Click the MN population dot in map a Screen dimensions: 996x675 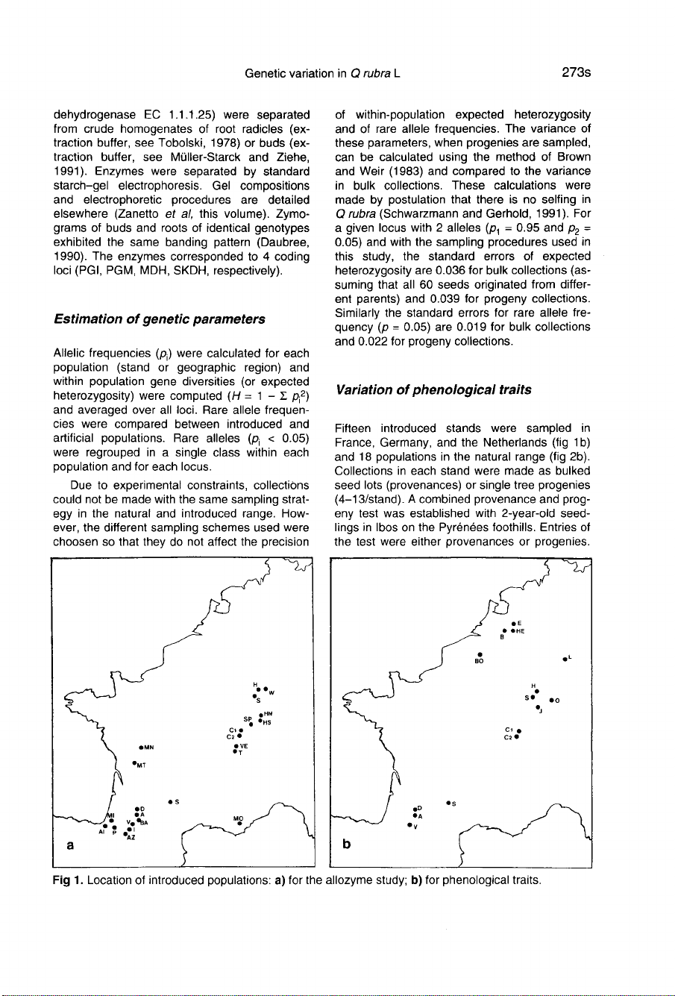point(140,745)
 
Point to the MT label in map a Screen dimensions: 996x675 point(139,765)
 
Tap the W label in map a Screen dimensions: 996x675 point(273,692)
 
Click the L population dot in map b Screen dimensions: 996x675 point(565,660)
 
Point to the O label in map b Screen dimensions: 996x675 point(557,701)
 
